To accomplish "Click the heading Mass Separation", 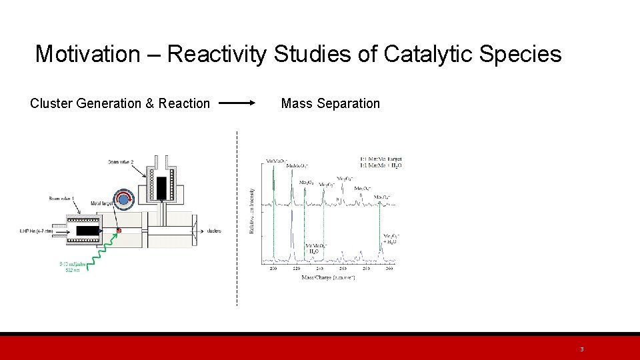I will [330, 103].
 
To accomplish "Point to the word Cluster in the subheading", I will [51, 103].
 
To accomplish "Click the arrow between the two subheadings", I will [237, 103].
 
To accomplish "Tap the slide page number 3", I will [581, 349].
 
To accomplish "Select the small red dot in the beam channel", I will [119, 231].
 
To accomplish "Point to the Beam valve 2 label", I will [122, 162].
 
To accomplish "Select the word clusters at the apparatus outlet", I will [214, 231].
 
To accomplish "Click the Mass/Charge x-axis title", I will [328, 277].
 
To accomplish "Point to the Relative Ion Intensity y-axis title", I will [251, 210].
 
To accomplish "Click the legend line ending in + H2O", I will [381, 165].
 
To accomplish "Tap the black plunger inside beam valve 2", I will [161, 187].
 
